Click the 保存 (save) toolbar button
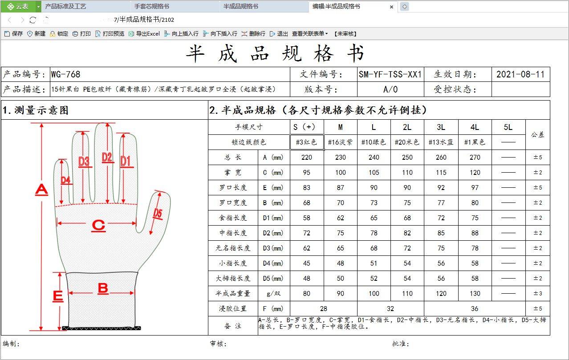(x=14, y=34)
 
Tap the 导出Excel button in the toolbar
(x=144, y=34)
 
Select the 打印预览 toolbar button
(x=110, y=34)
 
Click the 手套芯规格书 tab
(x=152, y=6)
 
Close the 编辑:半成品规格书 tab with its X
(x=391, y=7)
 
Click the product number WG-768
(x=65, y=74)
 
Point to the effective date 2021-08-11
(x=520, y=74)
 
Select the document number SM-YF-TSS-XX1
(x=390, y=74)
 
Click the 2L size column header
(x=407, y=127)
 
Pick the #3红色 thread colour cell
(x=307, y=142)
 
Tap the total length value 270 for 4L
(x=475, y=158)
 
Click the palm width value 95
(x=307, y=173)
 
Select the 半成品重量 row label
(x=233, y=294)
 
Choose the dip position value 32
(x=390, y=309)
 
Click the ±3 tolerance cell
(x=538, y=294)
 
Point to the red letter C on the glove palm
(x=98, y=226)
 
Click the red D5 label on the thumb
(x=158, y=213)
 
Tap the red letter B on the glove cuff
(x=103, y=289)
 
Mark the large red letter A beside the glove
(x=42, y=190)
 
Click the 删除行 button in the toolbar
(x=253, y=34)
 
